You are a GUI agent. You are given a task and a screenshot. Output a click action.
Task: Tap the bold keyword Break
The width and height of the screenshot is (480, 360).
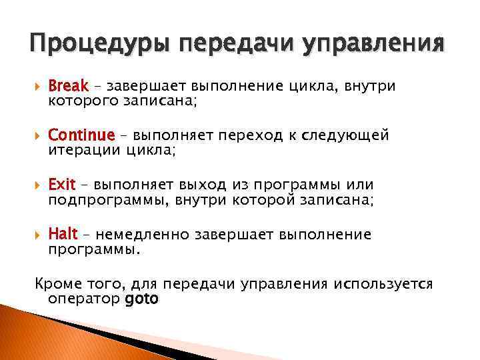tap(69, 86)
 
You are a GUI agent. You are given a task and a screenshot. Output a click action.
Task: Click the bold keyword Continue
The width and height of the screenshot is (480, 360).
tap(81, 136)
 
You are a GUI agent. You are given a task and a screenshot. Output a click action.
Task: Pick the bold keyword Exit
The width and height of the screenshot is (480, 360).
tap(62, 185)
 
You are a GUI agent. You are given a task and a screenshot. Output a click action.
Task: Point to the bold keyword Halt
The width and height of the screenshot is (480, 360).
tap(63, 235)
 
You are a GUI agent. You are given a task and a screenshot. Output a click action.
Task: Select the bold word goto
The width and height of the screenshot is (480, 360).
tap(141, 299)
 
